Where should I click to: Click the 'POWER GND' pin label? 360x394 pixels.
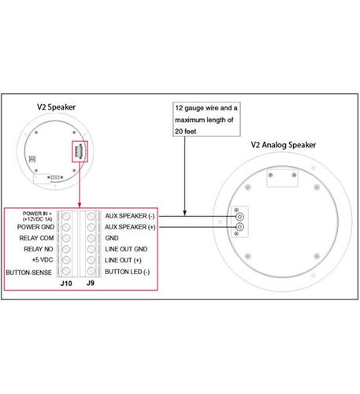click(x=37, y=227)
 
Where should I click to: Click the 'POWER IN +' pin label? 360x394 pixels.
click(x=38, y=215)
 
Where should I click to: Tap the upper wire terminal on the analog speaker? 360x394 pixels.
click(x=239, y=214)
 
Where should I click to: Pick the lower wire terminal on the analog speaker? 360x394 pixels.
click(x=239, y=228)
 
